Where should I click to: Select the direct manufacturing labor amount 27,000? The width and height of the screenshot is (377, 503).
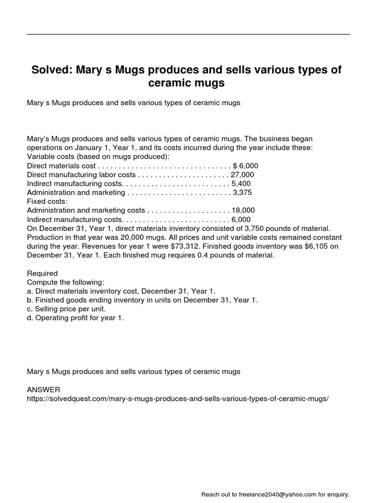(x=242, y=174)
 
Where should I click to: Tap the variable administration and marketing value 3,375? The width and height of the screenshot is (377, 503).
(x=242, y=192)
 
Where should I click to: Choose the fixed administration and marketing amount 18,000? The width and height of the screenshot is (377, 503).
(x=243, y=210)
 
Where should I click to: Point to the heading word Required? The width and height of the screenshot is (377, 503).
(x=42, y=273)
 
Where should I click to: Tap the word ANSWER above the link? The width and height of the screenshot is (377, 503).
(x=43, y=390)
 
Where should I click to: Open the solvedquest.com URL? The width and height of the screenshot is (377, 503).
(x=177, y=399)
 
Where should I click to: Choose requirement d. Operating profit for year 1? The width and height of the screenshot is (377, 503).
(x=76, y=318)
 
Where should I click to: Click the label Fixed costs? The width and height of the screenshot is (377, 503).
(x=47, y=201)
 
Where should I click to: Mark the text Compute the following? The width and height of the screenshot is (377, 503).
(x=65, y=282)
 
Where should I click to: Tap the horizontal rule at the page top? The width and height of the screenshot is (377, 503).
(x=188, y=34)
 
